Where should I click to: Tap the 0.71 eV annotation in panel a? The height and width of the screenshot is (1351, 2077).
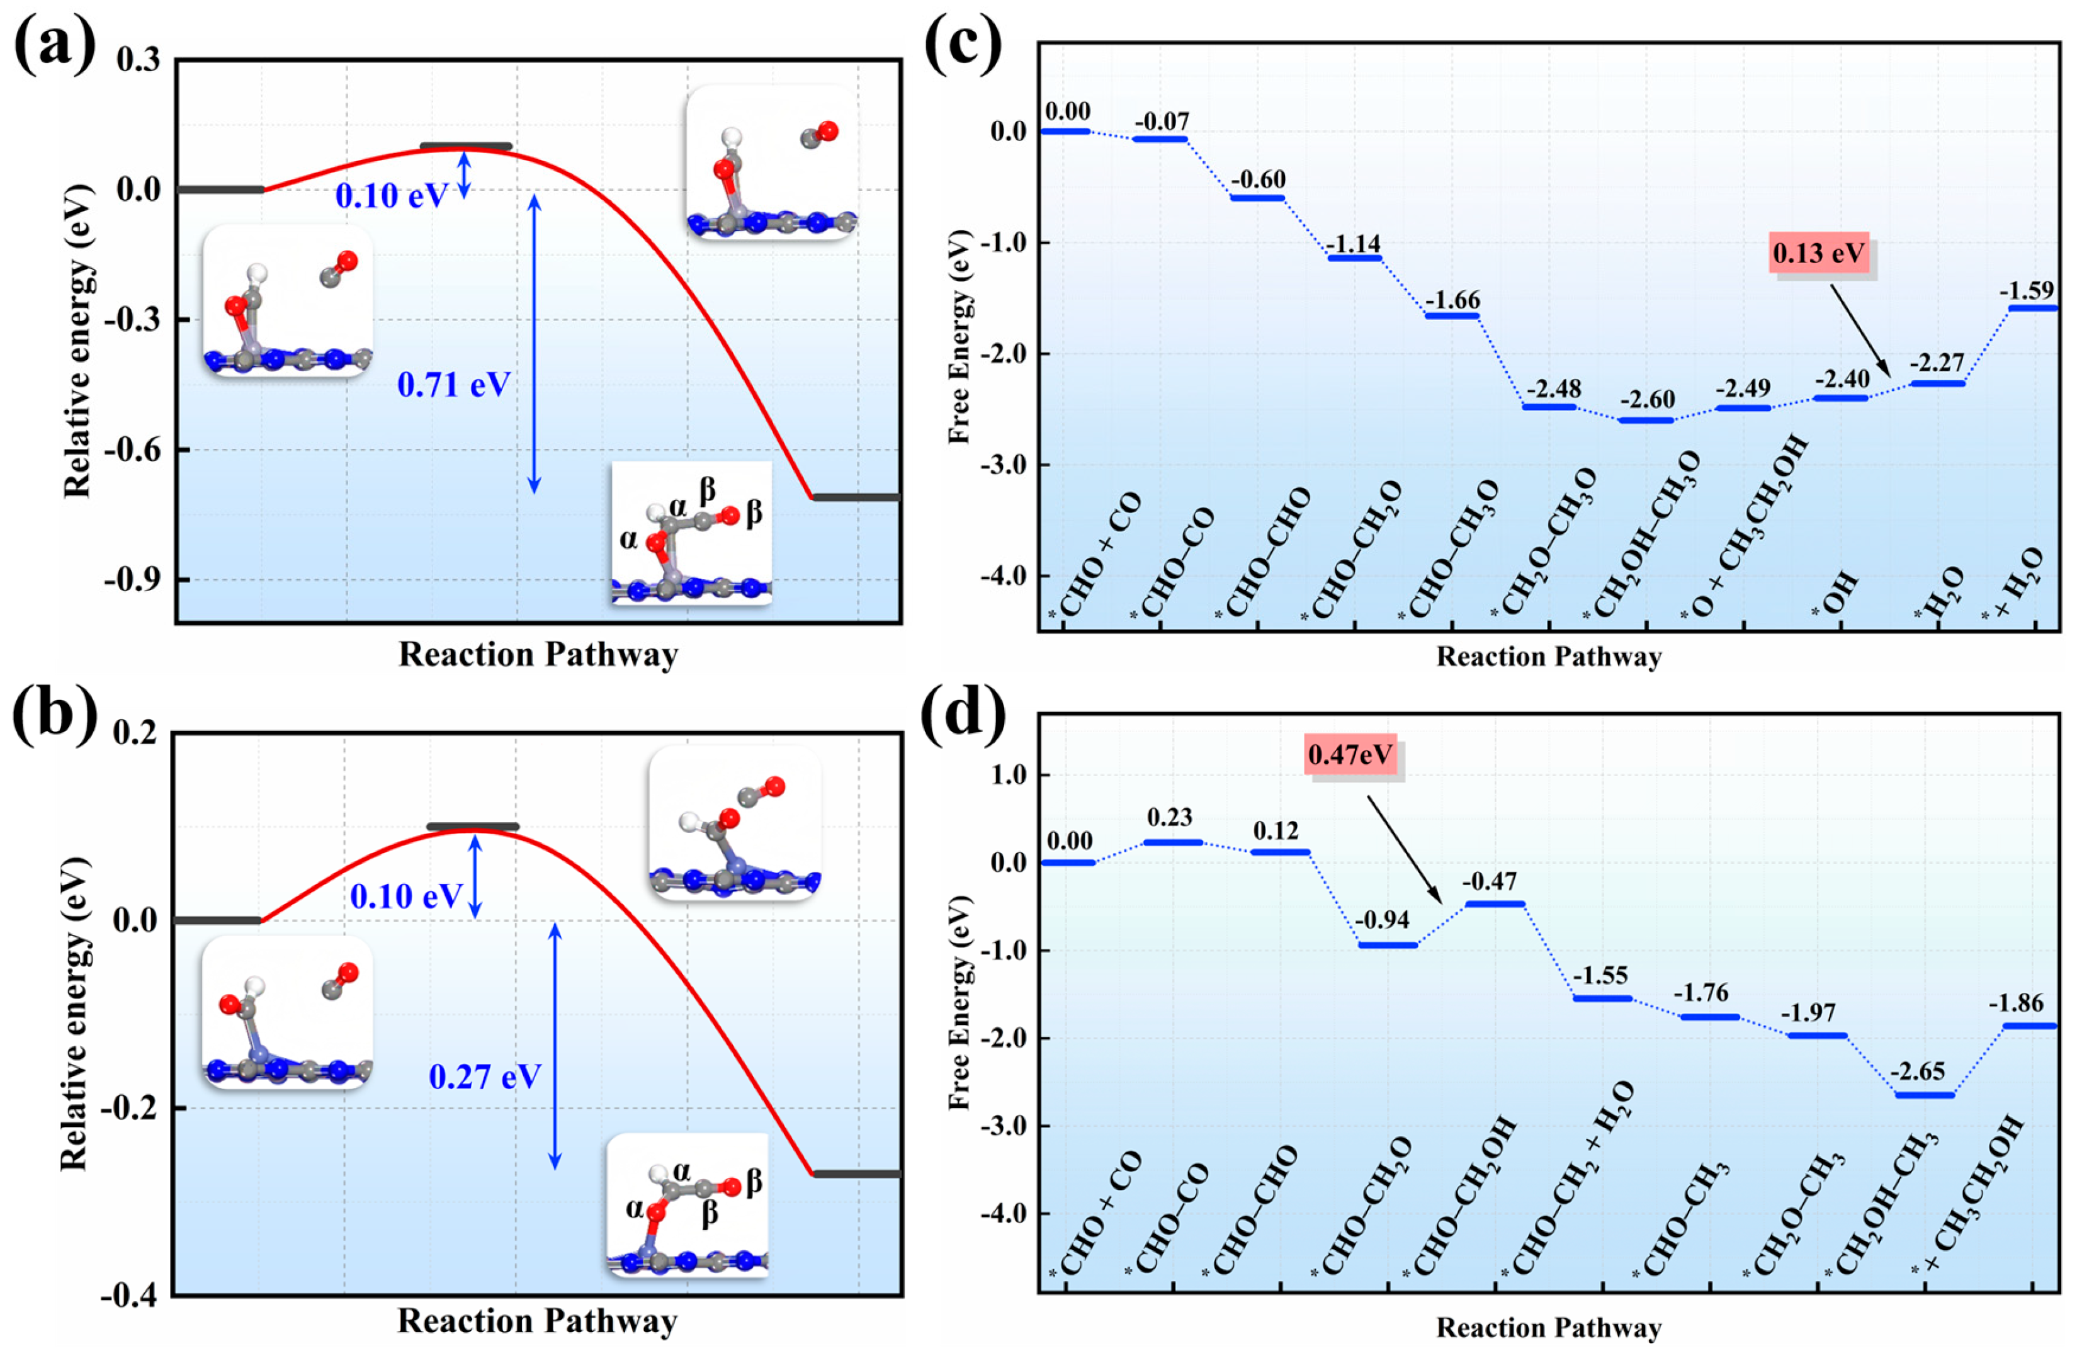[454, 385]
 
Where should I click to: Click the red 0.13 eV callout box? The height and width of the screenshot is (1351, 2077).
[1819, 254]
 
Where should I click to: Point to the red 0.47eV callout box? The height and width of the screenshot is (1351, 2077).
[1350, 753]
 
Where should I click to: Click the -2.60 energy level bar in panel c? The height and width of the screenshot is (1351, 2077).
[1647, 421]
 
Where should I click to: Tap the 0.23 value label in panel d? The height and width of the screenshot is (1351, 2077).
[1169, 818]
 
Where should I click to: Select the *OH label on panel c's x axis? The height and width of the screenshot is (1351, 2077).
[1835, 596]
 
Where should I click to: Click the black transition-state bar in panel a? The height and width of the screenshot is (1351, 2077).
[466, 147]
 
